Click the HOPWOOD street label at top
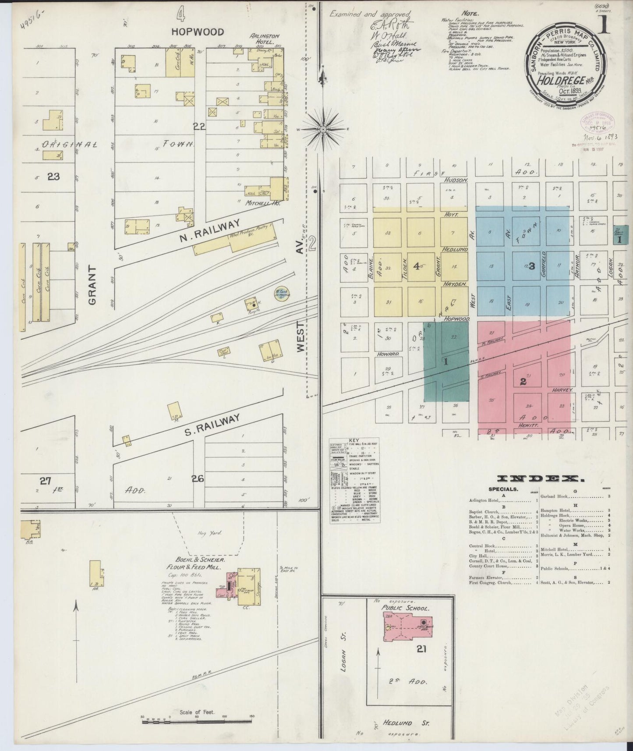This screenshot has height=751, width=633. click(x=198, y=32)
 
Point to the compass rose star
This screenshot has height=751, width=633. click(x=323, y=129)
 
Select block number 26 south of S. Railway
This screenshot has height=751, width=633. click(x=198, y=479)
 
